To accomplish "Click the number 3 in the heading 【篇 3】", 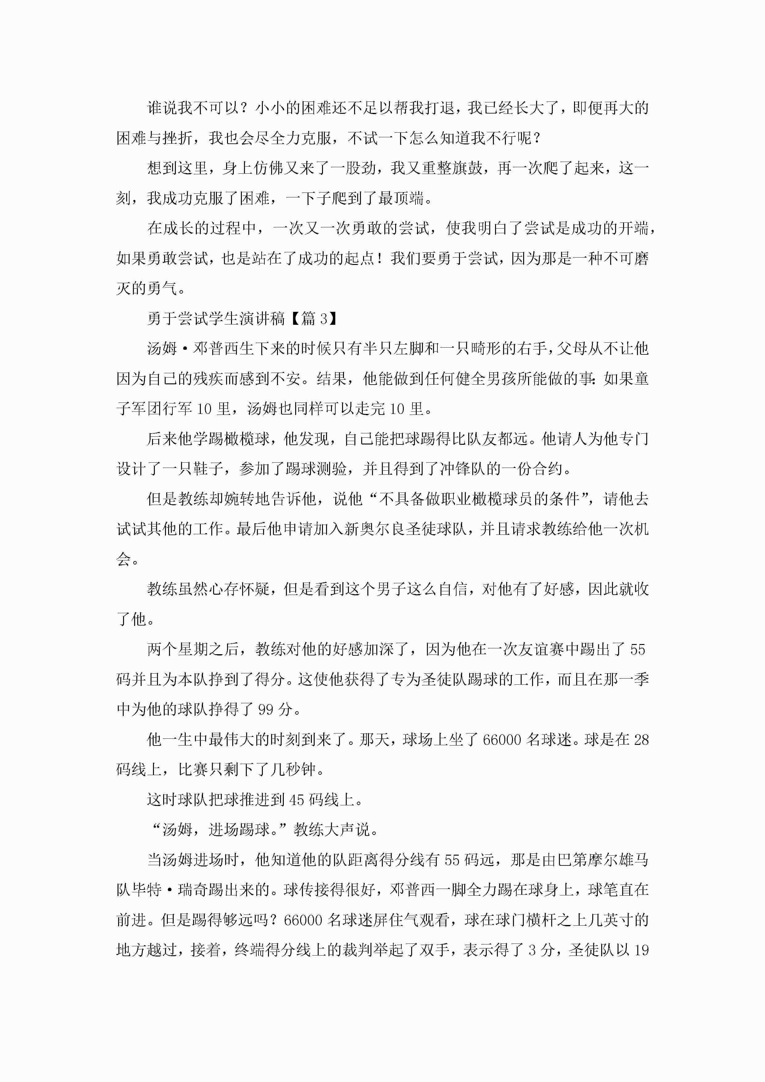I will click(x=324, y=319).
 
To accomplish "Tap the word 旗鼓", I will click(x=467, y=168).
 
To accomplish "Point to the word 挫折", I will click(x=178, y=138).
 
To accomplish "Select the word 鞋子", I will click(x=208, y=469).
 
